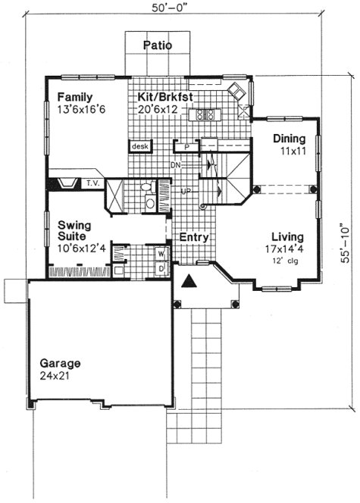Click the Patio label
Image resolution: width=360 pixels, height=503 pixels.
pos(158,45)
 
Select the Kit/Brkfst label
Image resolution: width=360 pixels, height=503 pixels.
pos(163,97)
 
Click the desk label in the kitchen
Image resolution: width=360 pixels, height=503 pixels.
pos(140,146)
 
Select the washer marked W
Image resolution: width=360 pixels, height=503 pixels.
pos(161,254)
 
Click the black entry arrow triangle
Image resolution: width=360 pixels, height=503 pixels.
pos(189,283)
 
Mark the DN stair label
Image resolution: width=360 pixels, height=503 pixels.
pos(174,164)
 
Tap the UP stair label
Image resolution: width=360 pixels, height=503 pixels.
pos(184,192)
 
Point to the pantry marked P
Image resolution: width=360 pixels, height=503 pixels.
pos(185,146)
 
